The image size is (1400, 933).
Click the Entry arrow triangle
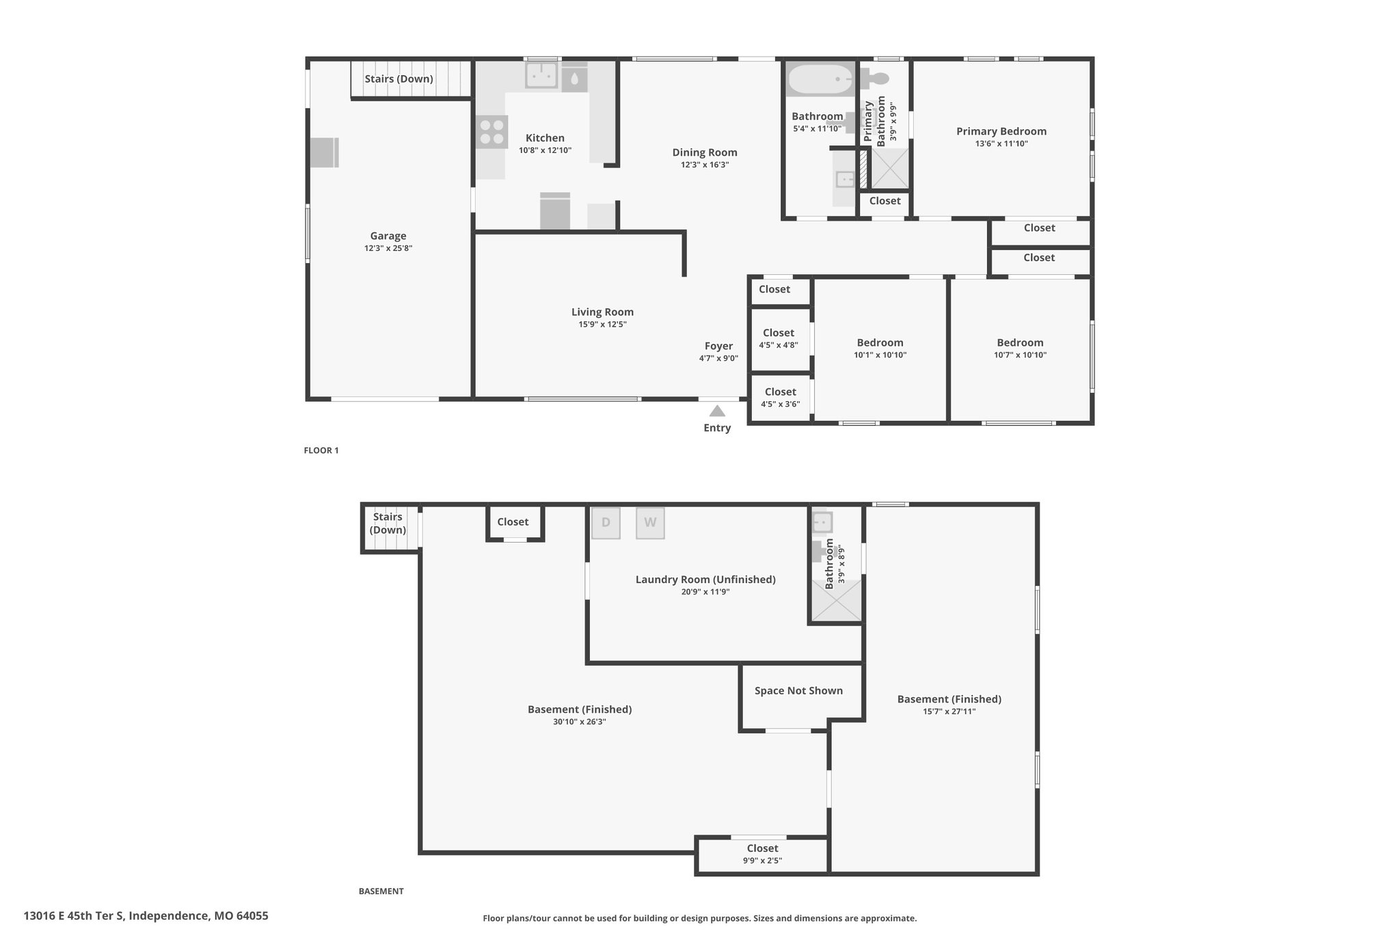(717, 411)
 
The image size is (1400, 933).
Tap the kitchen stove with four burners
(492, 133)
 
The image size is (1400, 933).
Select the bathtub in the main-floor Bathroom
(821, 79)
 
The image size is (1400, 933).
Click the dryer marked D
(606, 523)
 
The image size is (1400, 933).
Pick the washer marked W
(650, 523)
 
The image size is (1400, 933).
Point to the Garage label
(388, 236)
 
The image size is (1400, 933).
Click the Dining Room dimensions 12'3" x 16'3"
(705, 165)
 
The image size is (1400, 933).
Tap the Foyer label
(718, 346)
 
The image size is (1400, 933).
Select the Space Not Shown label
(798, 690)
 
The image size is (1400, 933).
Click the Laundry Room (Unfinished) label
(705, 580)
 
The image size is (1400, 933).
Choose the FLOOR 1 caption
(321, 450)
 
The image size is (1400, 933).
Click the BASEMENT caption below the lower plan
(381, 891)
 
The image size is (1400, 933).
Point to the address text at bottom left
(146, 916)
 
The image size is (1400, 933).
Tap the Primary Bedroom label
(1001, 131)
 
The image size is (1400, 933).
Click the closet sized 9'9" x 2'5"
(762, 855)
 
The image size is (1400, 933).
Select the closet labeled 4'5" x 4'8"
(779, 339)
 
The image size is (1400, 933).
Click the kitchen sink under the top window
(542, 76)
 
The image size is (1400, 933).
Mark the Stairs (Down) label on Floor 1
(399, 79)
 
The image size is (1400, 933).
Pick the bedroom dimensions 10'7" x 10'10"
(1020, 355)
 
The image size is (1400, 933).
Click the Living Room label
(602, 312)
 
